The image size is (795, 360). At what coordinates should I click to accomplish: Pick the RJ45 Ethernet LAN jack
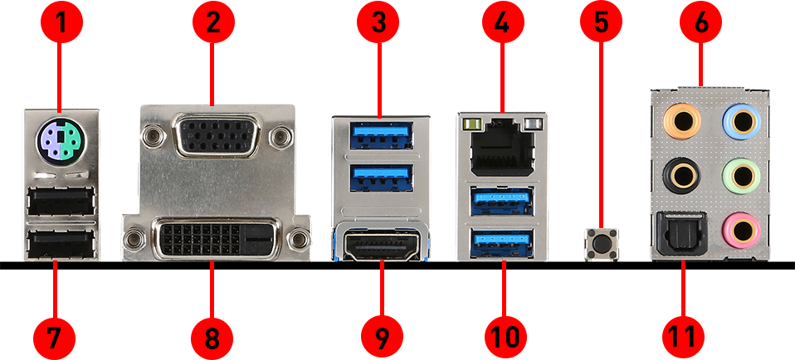coord(503,144)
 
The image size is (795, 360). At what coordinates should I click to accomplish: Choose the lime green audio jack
coord(739,174)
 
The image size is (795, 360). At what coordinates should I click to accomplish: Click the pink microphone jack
coord(739,225)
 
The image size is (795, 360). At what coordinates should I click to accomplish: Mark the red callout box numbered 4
coord(501,22)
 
